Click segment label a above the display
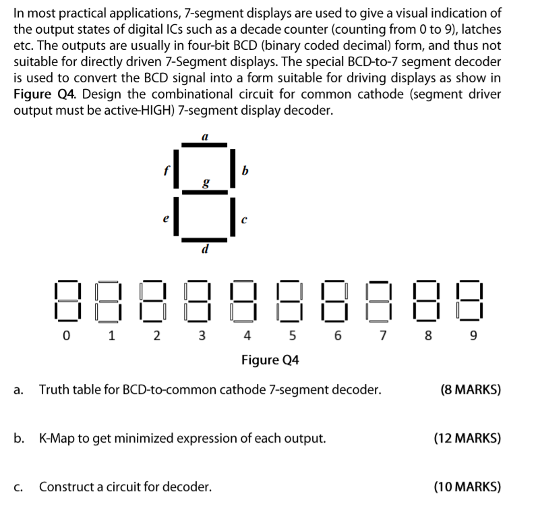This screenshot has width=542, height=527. (x=204, y=137)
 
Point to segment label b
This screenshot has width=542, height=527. (x=245, y=170)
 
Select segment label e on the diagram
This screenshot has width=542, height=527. (x=164, y=220)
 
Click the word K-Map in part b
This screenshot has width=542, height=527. (x=58, y=438)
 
